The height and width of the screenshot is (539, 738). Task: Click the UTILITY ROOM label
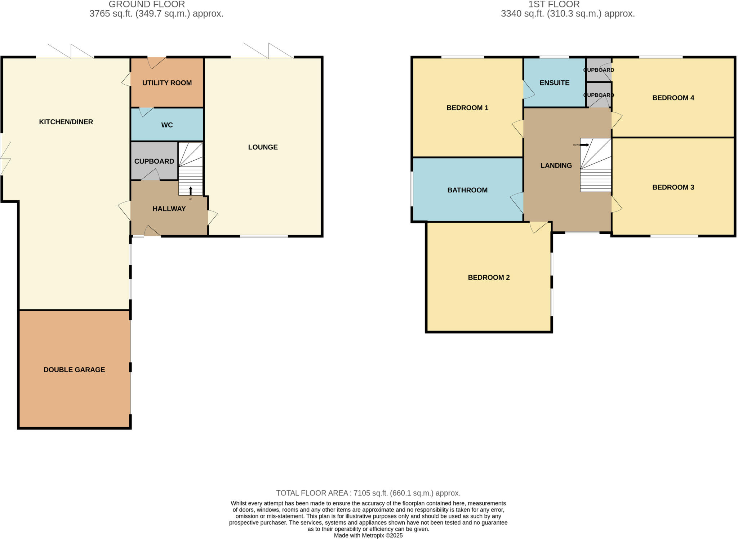[167, 83]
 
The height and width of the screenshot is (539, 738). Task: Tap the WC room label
[167, 125]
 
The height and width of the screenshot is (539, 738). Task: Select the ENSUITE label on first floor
[554, 83]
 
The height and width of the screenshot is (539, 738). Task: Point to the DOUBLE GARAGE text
[74, 370]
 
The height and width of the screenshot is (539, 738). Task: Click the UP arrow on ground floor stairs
[191, 191]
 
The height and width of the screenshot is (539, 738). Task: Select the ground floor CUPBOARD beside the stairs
[154, 161]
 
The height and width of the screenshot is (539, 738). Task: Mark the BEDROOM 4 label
[673, 98]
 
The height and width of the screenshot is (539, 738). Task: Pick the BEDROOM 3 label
[673, 187]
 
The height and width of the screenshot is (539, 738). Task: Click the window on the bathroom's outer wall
[412, 189]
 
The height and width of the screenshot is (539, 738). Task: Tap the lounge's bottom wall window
[264, 236]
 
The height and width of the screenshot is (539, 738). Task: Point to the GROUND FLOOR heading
[147, 4]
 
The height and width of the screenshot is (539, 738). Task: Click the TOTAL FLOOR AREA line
[368, 493]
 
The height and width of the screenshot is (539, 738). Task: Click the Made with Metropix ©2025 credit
[368, 535]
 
